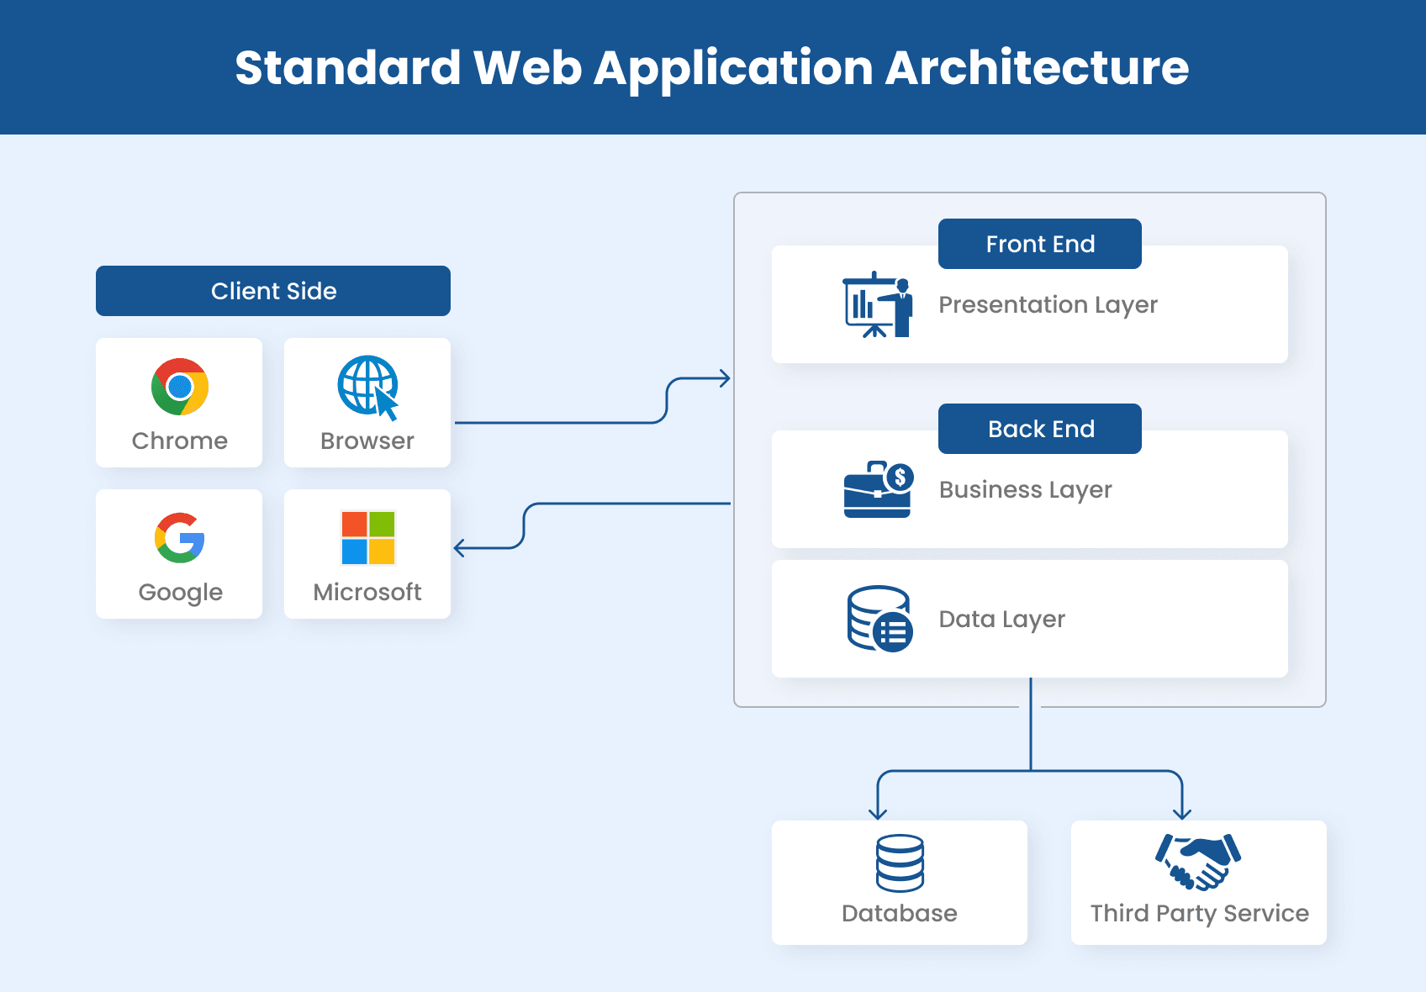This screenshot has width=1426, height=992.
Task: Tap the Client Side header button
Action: click(273, 291)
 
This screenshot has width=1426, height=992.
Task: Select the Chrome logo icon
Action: click(180, 387)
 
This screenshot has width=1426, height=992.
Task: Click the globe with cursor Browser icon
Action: click(367, 387)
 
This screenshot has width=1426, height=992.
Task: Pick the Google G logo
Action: click(180, 538)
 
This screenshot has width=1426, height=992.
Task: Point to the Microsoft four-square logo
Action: click(367, 538)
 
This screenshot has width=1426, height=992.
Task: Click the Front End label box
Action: click(1040, 244)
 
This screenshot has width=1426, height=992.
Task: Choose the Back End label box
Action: click(1040, 429)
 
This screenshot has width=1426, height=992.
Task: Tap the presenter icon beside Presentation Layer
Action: click(878, 305)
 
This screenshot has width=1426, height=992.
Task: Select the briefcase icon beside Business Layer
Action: click(878, 489)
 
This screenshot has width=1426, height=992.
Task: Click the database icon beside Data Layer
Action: click(879, 619)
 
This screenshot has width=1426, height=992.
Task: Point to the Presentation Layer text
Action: click(1048, 305)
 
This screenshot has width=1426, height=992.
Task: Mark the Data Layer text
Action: click(1001, 620)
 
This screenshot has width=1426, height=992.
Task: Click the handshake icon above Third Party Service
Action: click(1198, 861)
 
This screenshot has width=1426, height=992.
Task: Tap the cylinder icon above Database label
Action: click(900, 863)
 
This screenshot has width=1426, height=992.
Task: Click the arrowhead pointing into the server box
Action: click(725, 378)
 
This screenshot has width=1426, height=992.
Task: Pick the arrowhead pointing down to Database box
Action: click(878, 813)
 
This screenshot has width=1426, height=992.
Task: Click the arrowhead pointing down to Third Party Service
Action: click(1182, 813)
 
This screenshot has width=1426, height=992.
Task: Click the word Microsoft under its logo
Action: click(367, 592)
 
